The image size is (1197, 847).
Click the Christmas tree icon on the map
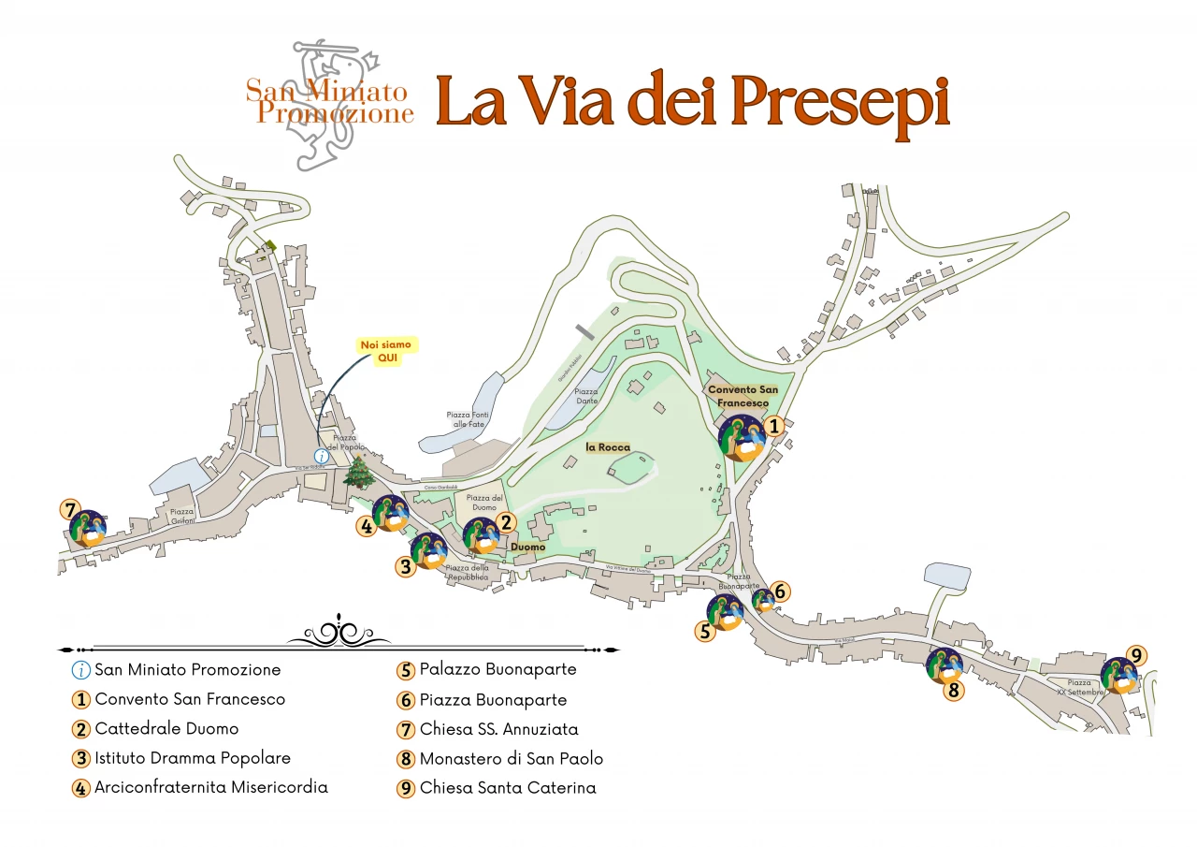coord(357,472)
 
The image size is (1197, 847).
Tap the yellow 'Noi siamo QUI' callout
coord(387,351)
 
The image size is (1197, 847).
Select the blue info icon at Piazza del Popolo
coord(321,456)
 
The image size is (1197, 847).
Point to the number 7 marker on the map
coord(68,510)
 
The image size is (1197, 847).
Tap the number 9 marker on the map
coord(1135,655)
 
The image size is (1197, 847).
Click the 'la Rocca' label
coord(608,447)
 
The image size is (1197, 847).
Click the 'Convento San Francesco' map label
coord(743,396)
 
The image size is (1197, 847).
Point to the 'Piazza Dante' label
coord(586,397)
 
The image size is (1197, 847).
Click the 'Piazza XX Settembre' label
coord(1080,687)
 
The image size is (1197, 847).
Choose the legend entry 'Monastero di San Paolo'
coord(511,759)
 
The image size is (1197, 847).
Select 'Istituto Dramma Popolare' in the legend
coord(193,758)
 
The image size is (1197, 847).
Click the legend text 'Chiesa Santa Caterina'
coord(507,788)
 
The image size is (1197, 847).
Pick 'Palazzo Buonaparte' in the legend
coord(498,670)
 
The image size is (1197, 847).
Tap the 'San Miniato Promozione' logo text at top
coord(330,103)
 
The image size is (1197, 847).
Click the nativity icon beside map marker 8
coord(944,665)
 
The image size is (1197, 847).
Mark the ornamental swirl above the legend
coord(339,634)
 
